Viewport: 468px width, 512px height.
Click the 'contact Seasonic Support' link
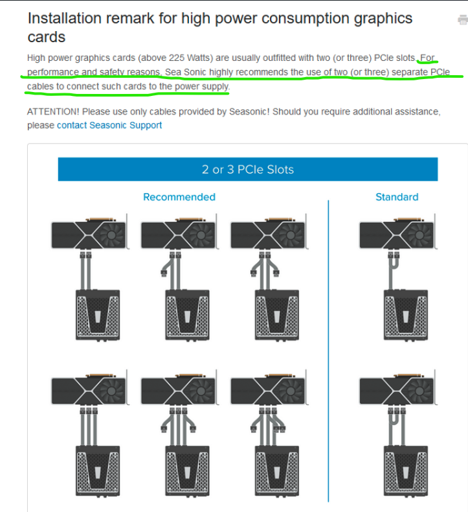point(109,125)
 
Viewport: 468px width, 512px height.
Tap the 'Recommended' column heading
point(179,197)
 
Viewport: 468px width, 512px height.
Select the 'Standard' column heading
point(397,197)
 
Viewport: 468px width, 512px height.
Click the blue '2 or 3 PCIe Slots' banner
point(248,169)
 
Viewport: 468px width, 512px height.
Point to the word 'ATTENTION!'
point(53,111)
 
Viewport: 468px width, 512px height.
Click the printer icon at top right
point(463,19)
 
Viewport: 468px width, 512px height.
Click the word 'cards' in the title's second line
point(47,37)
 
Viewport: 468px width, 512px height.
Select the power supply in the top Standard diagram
point(406,315)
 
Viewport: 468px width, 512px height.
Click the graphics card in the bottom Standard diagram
point(397,389)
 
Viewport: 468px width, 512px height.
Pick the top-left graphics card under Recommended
point(89,233)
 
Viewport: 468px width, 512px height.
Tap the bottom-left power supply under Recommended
point(98,471)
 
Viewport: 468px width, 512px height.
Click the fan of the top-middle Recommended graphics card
point(201,235)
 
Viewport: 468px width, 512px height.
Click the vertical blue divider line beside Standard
point(328,351)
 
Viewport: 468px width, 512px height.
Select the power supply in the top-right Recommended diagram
point(276,315)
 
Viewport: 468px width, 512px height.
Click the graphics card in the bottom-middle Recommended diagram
point(179,389)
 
